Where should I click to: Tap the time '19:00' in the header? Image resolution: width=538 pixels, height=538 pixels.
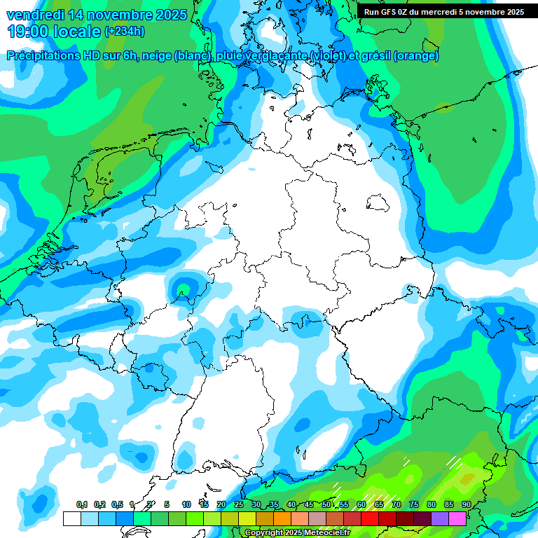tap(29, 32)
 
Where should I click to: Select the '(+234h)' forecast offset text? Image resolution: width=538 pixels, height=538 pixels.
tap(125, 32)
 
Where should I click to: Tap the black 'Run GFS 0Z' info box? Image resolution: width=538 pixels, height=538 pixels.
tap(443, 12)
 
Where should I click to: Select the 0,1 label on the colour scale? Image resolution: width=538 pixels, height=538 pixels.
tap(82, 505)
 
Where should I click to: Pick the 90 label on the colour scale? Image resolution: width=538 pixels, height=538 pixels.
tap(466, 505)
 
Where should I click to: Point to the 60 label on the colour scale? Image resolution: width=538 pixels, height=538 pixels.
tap(361, 505)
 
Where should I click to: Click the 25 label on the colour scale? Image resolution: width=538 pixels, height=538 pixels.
tap(239, 505)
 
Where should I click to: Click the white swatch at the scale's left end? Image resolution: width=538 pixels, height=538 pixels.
tap(71, 518)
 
